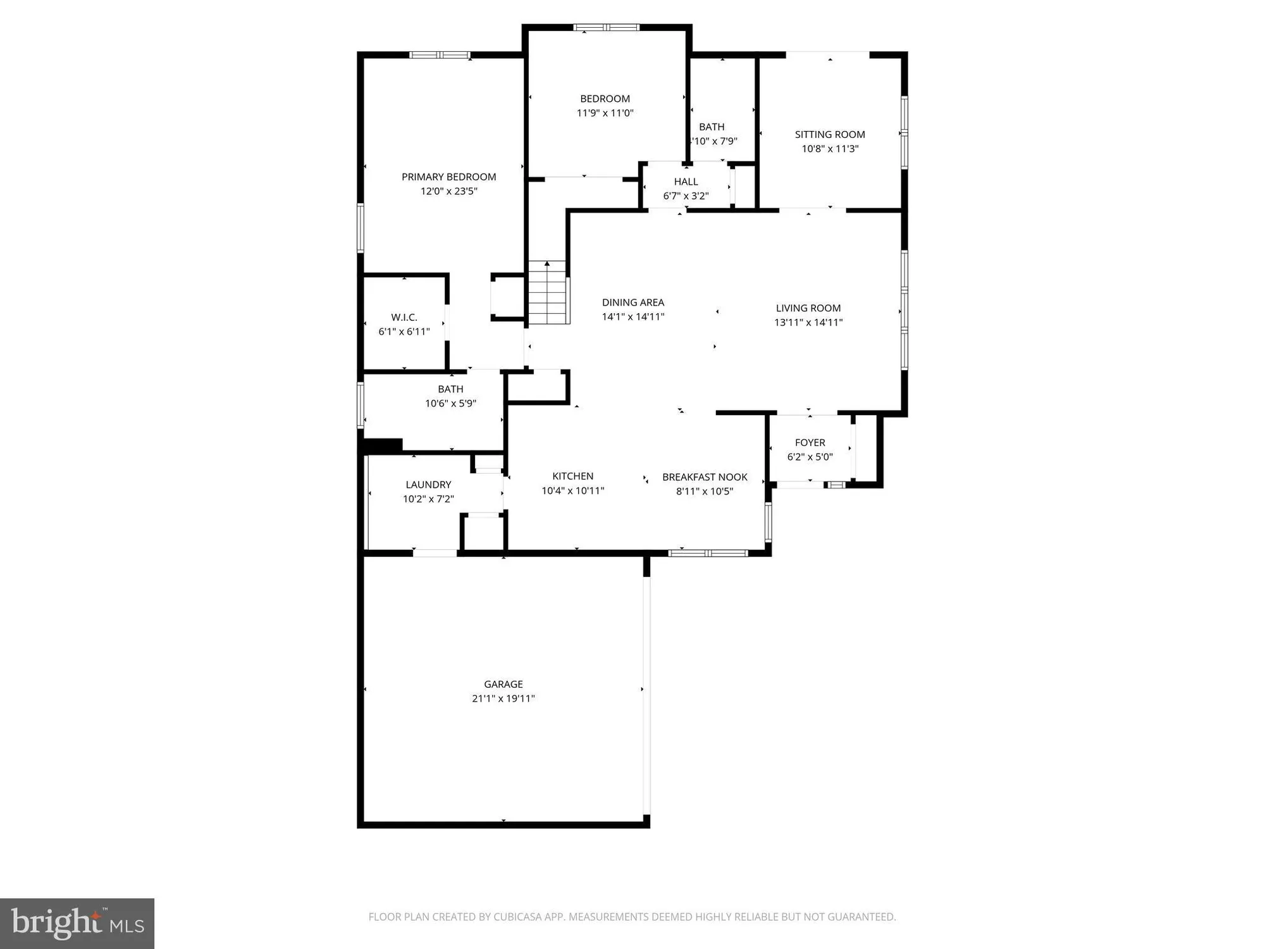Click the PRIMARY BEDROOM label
(x=448, y=177)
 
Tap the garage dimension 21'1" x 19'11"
(x=503, y=698)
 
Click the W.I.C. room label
(x=404, y=318)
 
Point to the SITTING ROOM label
(x=830, y=135)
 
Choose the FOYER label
(x=810, y=443)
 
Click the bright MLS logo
(x=77, y=924)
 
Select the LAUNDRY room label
(x=428, y=485)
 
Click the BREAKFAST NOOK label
(x=705, y=477)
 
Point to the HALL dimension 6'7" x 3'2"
(x=686, y=196)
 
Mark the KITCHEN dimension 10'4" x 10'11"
(x=573, y=491)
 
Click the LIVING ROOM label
(x=808, y=308)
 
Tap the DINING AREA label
(x=633, y=302)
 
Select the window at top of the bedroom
(x=606, y=27)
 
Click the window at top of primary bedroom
(x=440, y=55)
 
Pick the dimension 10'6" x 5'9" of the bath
(x=450, y=404)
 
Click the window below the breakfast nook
(x=708, y=553)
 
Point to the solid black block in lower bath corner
(x=382, y=446)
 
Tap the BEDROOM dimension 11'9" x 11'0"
(x=605, y=113)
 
